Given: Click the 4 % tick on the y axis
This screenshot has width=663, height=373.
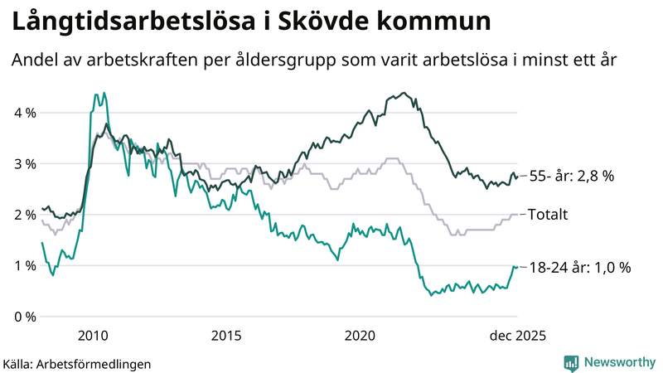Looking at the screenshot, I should pyautogui.click(x=24, y=113).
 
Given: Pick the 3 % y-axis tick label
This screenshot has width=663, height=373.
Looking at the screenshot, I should pyautogui.click(x=24, y=164).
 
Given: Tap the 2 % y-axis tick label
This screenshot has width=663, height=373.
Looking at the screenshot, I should pyautogui.click(x=24, y=215).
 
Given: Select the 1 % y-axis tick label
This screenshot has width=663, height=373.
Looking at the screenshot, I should pyautogui.click(x=24, y=266).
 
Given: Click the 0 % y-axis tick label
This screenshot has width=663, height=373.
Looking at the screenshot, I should pyautogui.click(x=24, y=317).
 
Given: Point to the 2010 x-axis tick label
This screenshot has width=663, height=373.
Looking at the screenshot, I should pyautogui.click(x=92, y=336).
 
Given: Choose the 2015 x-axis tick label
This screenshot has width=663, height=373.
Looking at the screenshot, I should pyautogui.click(x=226, y=336).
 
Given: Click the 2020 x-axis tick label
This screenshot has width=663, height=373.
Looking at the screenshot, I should pyautogui.click(x=361, y=336).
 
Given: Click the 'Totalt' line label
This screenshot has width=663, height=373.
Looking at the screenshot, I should pyautogui.click(x=548, y=215).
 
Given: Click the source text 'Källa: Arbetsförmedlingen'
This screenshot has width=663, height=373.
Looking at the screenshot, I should pyautogui.click(x=77, y=363).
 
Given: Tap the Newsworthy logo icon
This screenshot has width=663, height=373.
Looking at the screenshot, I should pyautogui.click(x=571, y=362).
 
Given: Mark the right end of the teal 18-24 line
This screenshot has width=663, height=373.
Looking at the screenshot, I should pyautogui.click(x=517, y=266).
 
